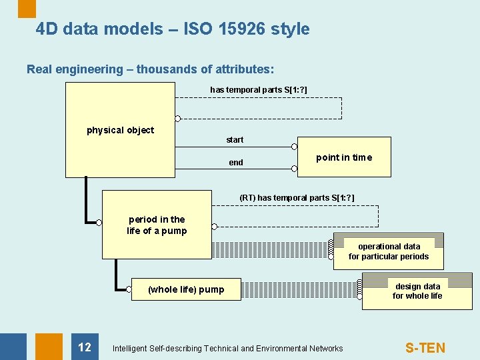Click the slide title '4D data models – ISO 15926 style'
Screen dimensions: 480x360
click(x=173, y=29)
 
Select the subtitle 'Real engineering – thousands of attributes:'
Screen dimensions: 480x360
click(x=151, y=69)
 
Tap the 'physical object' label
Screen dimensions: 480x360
click(x=120, y=130)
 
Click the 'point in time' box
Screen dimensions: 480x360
click(x=344, y=157)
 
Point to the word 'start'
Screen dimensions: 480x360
click(x=235, y=140)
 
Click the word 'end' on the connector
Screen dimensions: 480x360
click(x=236, y=163)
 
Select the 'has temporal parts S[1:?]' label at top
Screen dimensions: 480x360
click(x=259, y=89)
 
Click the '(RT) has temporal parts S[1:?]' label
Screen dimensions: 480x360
click(x=297, y=198)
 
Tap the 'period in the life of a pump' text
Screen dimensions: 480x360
click(x=157, y=225)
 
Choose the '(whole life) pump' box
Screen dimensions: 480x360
click(x=186, y=289)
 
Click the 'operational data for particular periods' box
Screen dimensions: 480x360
click(x=389, y=251)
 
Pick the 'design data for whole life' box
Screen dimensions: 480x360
click(x=417, y=291)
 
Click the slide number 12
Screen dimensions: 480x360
click(x=85, y=347)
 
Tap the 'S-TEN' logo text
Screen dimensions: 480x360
click(x=425, y=348)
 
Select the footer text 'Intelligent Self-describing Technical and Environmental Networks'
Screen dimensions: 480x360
click(x=228, y=349)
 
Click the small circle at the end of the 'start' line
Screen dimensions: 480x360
click(x=295, y=146)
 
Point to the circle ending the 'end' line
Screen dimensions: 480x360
click(x=295, y=169)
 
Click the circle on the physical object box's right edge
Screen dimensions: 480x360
click(x=177, y=119)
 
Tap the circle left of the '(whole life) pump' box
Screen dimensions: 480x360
click(x=129, y=289)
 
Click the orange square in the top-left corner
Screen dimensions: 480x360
click(x=27, y=8)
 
